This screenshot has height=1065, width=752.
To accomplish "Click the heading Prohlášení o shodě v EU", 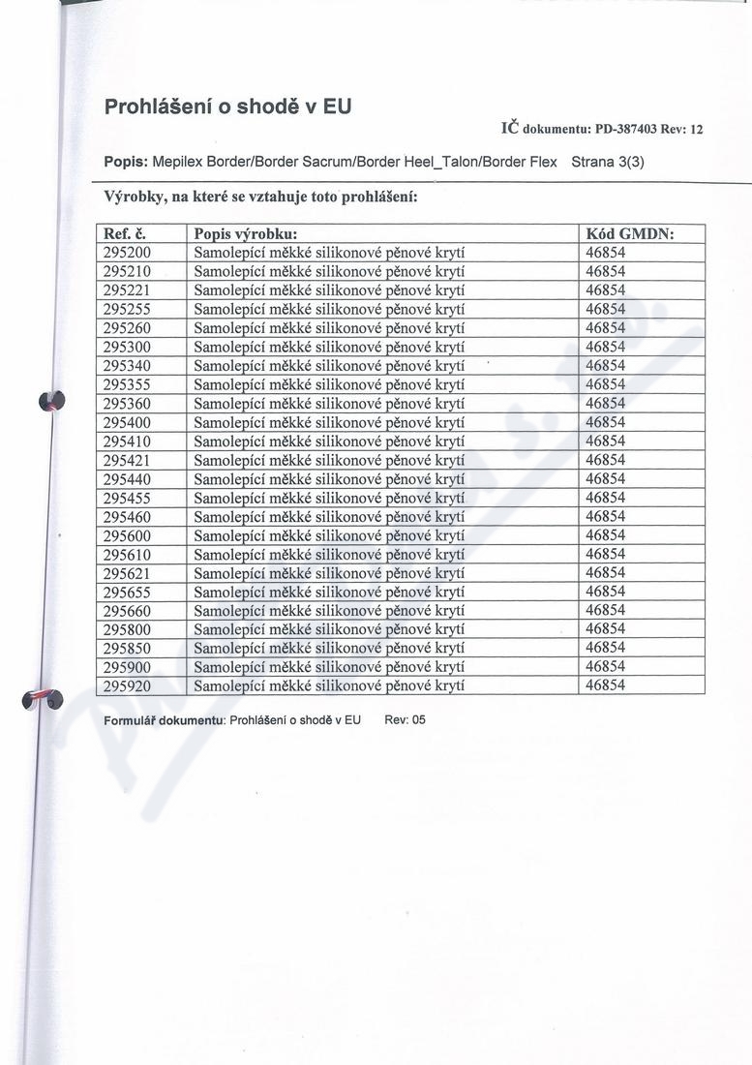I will [227, 107].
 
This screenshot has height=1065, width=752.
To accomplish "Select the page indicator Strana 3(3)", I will [608, 163].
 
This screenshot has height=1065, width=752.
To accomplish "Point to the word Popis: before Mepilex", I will [126, 163].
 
